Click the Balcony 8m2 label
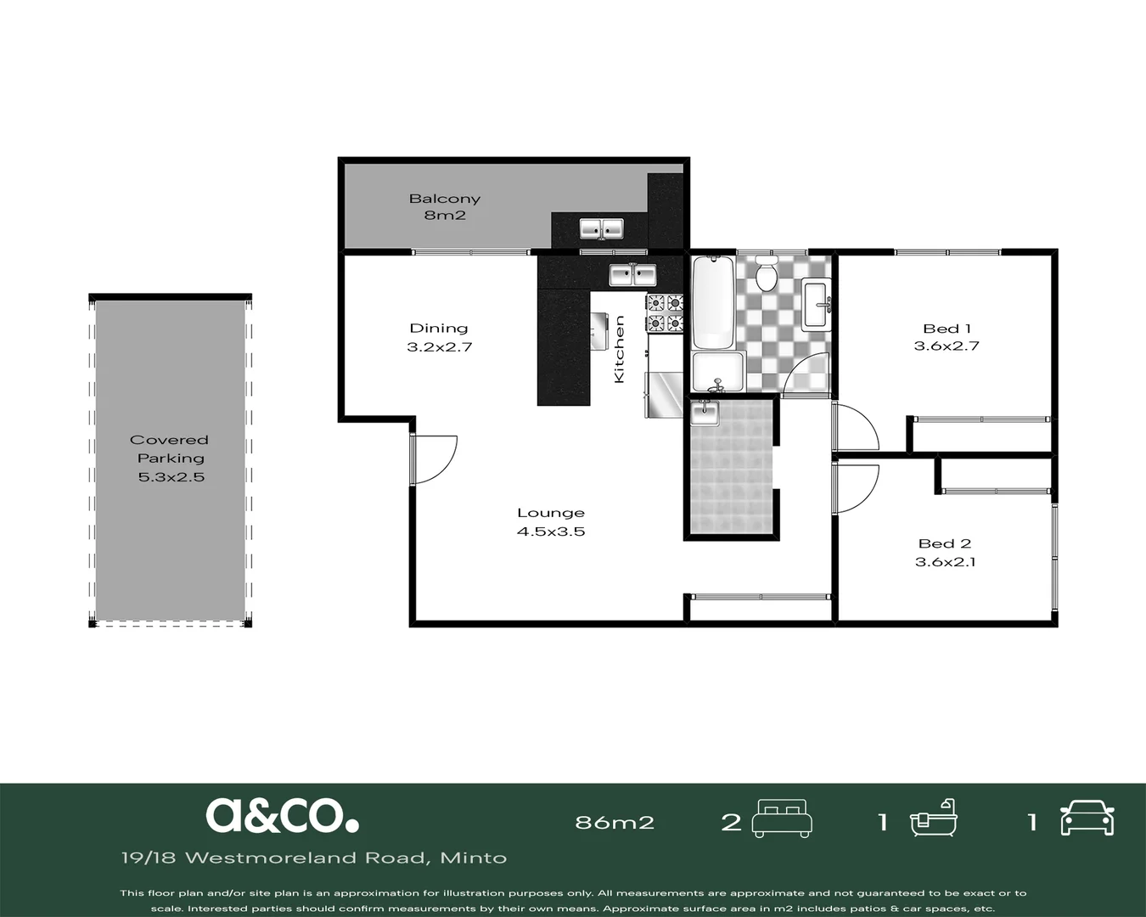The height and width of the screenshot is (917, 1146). [445, 206]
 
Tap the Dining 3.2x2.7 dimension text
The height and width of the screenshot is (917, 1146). [440, 338]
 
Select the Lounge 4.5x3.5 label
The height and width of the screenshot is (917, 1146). [551, 522]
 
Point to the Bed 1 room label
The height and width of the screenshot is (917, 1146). [947, 329]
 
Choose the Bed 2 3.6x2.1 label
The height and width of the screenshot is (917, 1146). [945, 553]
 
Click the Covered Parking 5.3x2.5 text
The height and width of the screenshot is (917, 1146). [170, 458]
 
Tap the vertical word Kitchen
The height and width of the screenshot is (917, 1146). [619, 350]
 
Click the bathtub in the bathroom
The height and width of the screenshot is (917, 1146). [714, 301]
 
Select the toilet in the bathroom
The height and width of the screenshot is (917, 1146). [767, 273]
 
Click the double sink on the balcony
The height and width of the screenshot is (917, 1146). [601, 229]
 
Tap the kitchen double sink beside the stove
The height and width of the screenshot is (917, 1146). [632, 275]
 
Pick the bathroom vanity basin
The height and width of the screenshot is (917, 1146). [817, 304]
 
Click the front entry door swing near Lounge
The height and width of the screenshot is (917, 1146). [433, 460]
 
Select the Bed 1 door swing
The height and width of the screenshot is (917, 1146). [855, 427]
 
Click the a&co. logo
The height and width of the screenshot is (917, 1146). [282, 815]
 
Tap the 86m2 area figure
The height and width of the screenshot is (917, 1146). [615, 823]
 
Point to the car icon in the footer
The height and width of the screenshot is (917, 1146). [1087, 818]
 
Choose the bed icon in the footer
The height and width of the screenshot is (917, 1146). [782, 819]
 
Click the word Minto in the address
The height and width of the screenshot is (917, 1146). [474, 858]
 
